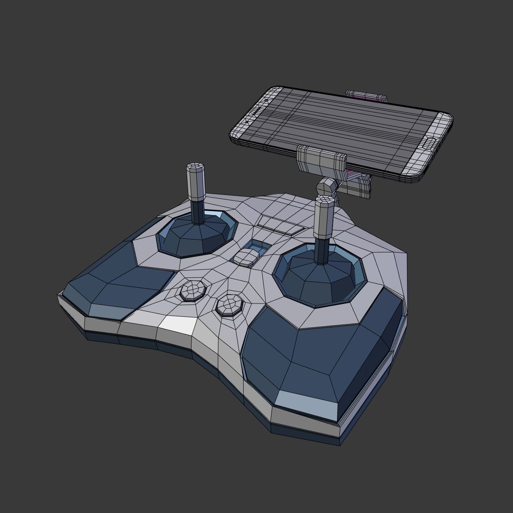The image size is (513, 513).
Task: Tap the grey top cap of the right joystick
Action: [324, 215]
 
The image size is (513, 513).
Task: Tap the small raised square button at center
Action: [245, 258]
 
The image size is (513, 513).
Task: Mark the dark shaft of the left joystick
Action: [198, 211]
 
